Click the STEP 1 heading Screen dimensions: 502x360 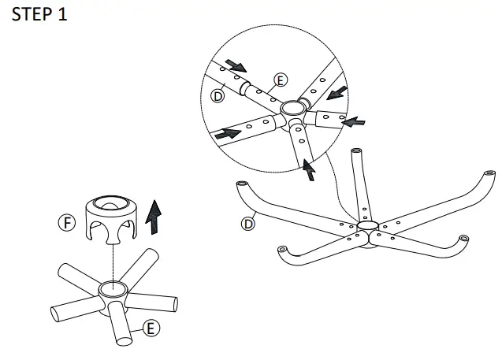[x=39, y=15]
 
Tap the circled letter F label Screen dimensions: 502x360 [x=67, y=222]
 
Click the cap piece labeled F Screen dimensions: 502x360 [x=111, y=219]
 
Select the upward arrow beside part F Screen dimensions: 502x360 [x=154, y=217]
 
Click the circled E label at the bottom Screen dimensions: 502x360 [x=151, y=328]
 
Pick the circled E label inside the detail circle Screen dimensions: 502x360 [x=281, y=80]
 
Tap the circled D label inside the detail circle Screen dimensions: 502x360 [x=218, y=95]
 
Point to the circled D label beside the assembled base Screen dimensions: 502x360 [x=248, y=224]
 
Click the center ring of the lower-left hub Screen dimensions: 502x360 [x=113, y=289]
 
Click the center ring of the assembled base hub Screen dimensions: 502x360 [x=367, y=225]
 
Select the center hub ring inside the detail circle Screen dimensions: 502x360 [x=294, y=108]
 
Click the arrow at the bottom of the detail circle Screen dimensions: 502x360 [x=309, y=169]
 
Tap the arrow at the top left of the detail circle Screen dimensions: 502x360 [x=236, y=65]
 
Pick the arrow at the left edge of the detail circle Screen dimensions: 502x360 [x=228, y=133]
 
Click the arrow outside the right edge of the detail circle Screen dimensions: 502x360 [x=353, y=122]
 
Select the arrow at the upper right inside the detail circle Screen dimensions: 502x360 [x=337, y=93]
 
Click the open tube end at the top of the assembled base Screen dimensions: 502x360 [x=356, y=150]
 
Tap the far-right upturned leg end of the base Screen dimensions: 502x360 [x=489, y=173]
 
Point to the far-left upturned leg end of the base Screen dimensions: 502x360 [x=242, y=184]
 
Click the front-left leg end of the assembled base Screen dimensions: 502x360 [x=282, y=249]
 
